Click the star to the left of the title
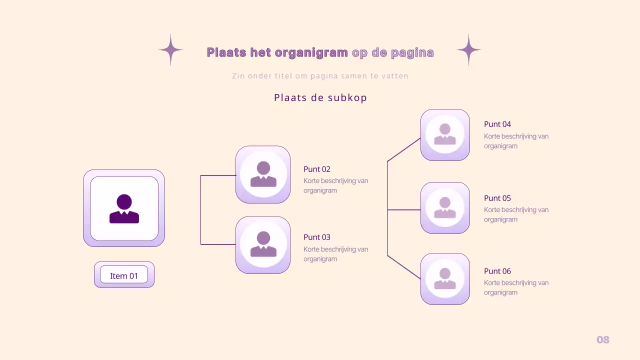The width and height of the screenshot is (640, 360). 170,50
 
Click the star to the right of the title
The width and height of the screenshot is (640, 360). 468,50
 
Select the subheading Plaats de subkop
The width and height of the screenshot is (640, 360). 320,97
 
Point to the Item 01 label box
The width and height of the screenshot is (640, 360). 124,275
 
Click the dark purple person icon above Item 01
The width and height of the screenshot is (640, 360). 124,208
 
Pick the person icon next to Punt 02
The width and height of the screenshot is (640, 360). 263,174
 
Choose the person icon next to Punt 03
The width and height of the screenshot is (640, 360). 263,244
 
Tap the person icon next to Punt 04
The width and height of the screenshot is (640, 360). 445,134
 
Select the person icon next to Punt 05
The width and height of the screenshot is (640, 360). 445,207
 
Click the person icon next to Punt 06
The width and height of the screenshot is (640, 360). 445,278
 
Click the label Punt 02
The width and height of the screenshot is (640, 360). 317,169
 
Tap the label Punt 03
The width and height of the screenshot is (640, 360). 317,237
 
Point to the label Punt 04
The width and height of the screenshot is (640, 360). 497,124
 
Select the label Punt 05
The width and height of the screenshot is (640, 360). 497,198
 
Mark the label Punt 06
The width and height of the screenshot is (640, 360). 497,271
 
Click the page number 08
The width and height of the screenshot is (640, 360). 603,340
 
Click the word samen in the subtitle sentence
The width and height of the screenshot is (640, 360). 350,76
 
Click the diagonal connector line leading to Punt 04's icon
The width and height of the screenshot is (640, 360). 404,149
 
